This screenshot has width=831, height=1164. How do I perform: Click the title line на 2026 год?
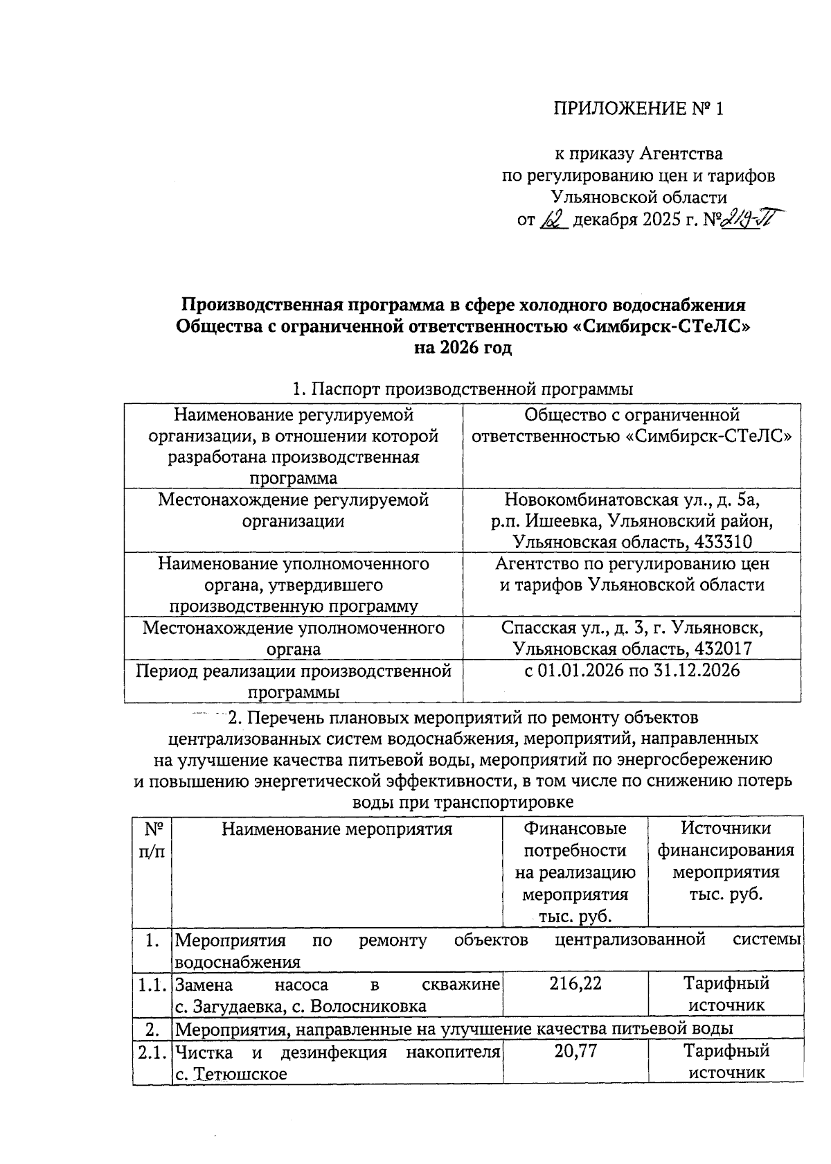tap(463, 348)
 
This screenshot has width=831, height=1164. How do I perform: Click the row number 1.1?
tap(152, 985)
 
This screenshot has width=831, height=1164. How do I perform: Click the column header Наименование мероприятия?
tap(337, 829)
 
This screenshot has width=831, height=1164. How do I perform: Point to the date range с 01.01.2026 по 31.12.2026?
tap(632, 671)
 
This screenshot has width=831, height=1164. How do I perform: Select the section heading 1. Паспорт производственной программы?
tap(463, 389)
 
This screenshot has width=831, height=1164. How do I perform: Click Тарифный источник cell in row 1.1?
tap(726, 994)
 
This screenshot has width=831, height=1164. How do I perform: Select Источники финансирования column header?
tap(726, 861)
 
